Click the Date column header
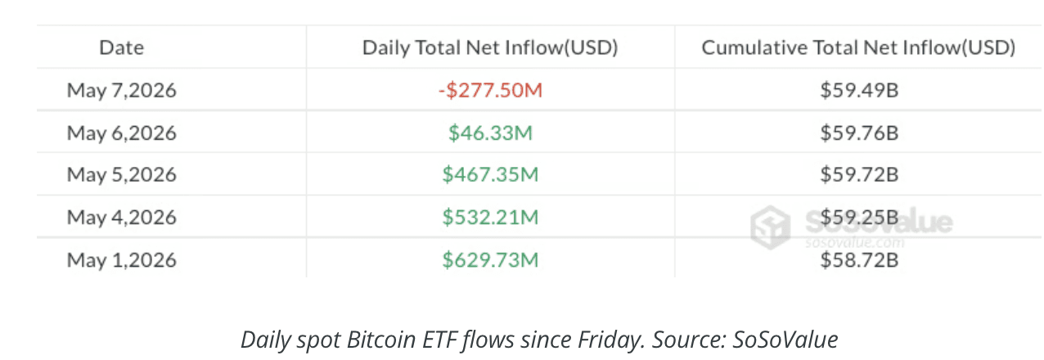[x=122, y=47]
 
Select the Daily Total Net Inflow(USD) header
[x=490, y=47]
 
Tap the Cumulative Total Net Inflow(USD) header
[x=858, y=47]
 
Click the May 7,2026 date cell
[x=122, y=90]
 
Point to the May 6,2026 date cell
[x=122, y=133]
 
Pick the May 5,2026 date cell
[x=122, y=174]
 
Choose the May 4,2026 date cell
[x=122, y=218]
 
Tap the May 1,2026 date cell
[x=122, y=259]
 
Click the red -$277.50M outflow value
[x=490, y=90]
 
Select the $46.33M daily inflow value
[x=490, y=133]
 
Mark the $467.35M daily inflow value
[x=490, y=174]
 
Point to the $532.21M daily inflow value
[x=490, y=218]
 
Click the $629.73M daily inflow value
[x=490, y=259]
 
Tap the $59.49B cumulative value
[x=859, y=90]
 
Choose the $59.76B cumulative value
[x=859, y=133]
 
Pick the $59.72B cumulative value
[x=859, y=174]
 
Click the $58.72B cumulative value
[x=859, y=259]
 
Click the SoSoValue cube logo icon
[x=771, y=227]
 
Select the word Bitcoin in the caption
[x=381, y=340]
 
